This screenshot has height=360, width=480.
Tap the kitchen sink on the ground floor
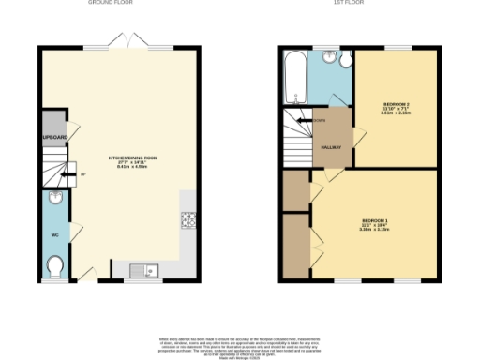[146, 271]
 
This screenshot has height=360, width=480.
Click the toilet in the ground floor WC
[54, 266]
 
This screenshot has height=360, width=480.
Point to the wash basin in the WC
[54, 199]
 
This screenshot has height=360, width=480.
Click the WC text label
[54, 234]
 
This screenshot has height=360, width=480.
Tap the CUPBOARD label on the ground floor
[54, 138]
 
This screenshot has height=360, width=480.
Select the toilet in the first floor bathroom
[345, 62]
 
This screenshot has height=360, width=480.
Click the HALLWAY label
[332, 147]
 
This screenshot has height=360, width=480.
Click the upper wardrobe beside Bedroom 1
[296, 190]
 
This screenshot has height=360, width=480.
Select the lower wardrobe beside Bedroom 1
[296, 246]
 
